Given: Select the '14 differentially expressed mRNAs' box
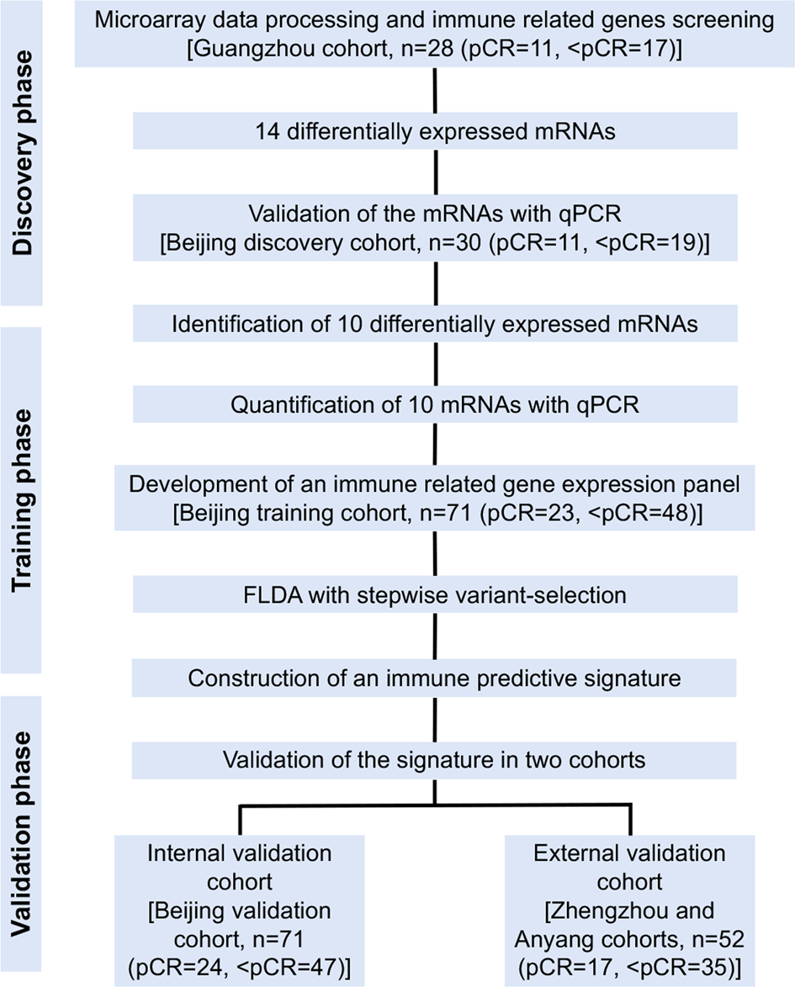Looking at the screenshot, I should tap(434, 130).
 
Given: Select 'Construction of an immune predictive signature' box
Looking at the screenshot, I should tap(434, 678).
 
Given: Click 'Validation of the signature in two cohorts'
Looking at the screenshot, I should tap(434, 760).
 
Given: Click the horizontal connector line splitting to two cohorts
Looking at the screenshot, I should tap(434, 808).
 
